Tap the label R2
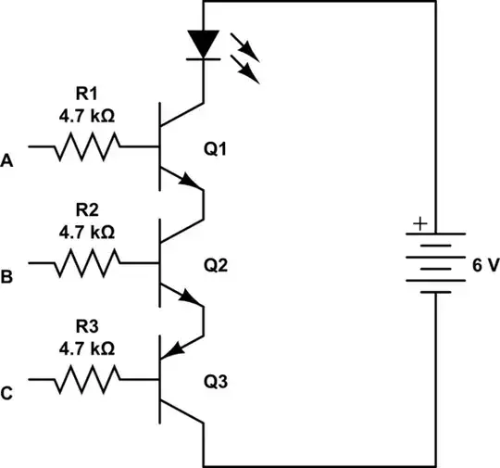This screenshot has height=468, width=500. tap(87, 209)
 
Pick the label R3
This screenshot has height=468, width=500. tap(87, 325)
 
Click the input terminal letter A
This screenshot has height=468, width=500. tap(8, 161)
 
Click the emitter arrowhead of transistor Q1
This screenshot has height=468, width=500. tap(194, 183)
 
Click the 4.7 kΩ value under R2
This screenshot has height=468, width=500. tap(87, 231)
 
